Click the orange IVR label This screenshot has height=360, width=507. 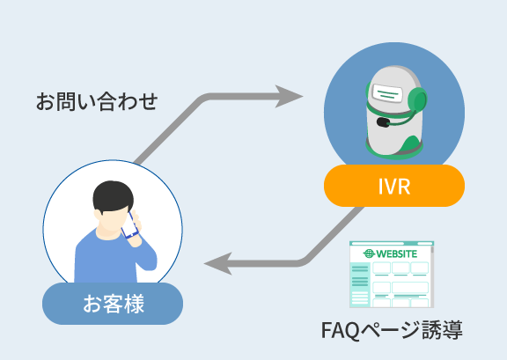point(394,186)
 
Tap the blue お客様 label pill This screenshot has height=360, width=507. point(113,304)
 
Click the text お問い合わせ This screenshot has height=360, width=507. point(97,101)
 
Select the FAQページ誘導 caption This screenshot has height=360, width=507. point(392,330)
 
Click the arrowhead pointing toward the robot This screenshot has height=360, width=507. point(288,97)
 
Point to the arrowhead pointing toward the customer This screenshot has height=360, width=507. point(218,263)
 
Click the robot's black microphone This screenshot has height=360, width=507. point(384,122)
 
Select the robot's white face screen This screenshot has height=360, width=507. point(387,92)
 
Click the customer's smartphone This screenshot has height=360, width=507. point(129,225)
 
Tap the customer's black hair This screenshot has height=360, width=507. point(113,196)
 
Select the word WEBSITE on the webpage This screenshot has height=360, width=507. point(397,253)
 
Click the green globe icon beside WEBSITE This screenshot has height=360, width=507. point(369,253)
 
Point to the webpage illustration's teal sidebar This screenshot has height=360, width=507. point(360,284)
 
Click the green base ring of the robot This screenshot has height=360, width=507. point(394,152)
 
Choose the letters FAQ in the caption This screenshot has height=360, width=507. point(340,330)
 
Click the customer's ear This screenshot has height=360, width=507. point(98,215)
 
